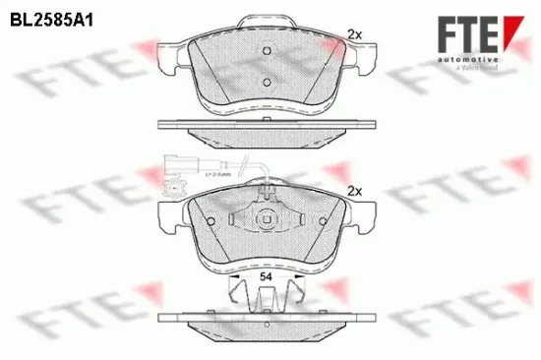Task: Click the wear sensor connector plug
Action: tap(177, 167)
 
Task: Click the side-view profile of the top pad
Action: tap(265, 127)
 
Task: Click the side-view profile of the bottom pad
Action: tap(265, 322)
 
